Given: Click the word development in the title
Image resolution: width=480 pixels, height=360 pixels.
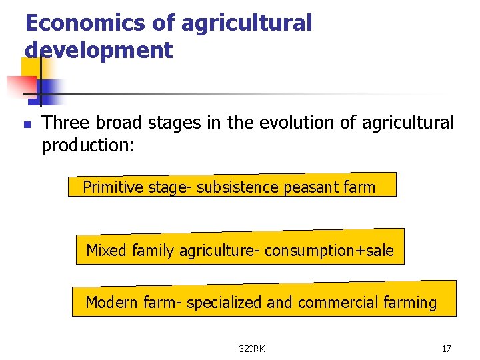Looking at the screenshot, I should coord(99,50).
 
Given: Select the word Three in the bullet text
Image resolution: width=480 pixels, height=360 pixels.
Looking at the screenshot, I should coord(66,123).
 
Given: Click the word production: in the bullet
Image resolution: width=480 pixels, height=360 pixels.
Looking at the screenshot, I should coord(88,145).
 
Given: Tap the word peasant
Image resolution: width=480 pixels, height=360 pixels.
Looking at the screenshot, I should coord(309,188).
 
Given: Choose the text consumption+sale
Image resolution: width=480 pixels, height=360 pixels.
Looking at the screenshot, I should coord(329,251).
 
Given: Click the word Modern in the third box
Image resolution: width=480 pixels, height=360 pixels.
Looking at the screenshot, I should coord(112,303).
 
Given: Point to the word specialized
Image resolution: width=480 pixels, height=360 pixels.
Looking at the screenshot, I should coord(225,303).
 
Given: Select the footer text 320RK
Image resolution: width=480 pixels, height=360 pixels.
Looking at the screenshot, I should coord(252,349).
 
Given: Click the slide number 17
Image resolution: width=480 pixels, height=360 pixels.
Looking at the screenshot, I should coord(447,349).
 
